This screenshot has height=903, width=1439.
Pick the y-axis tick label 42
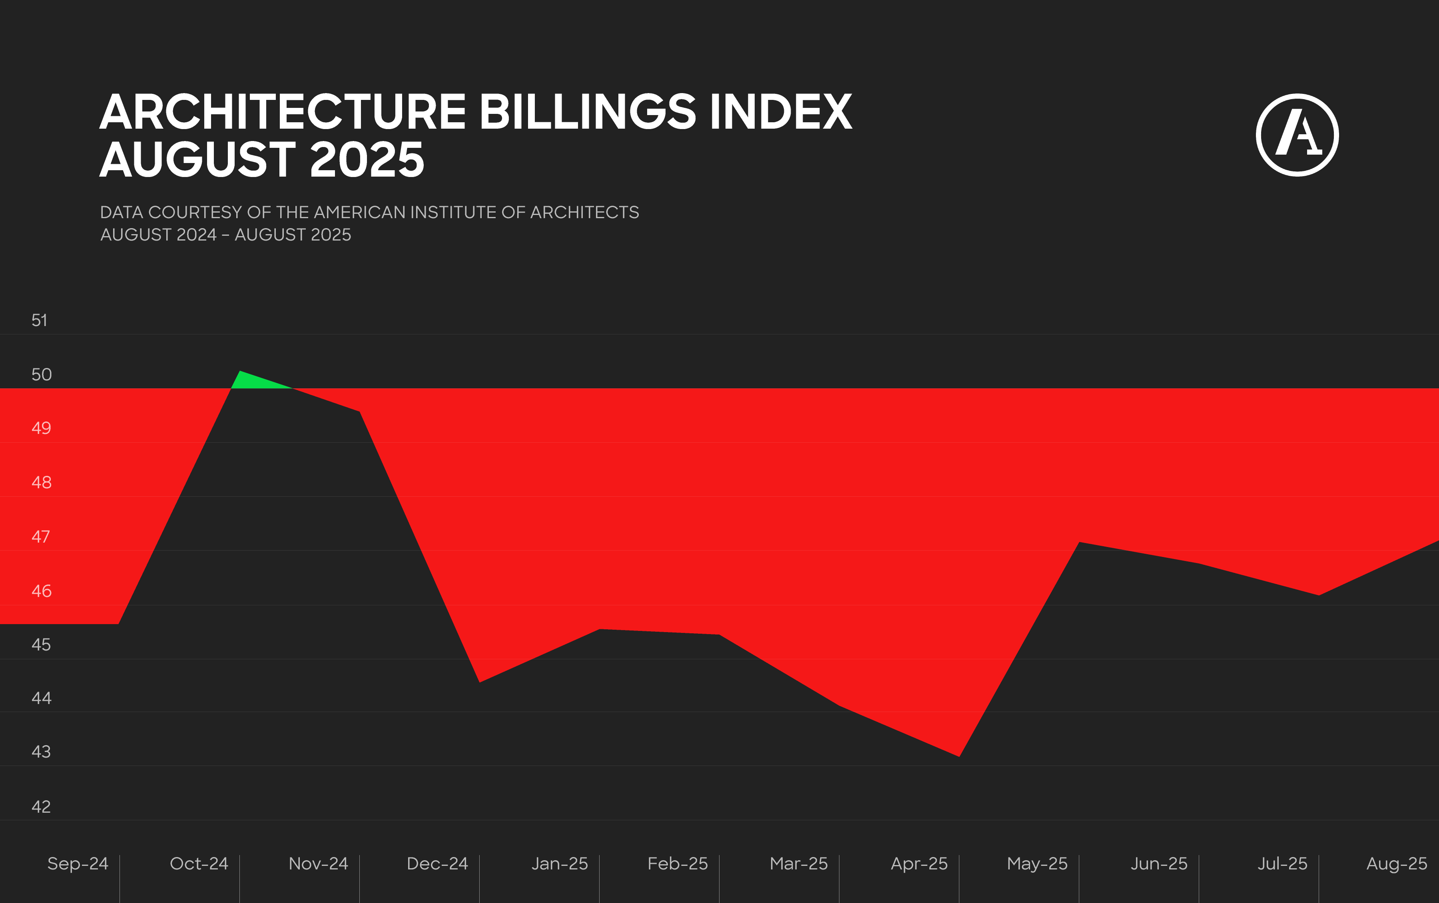(x=41, y=806)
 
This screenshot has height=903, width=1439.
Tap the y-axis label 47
(x=41, y=536)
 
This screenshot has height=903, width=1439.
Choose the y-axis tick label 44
(x=41, y=698)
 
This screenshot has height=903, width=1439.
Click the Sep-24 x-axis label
(x=78, y=863)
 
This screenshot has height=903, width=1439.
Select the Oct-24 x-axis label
(x=199, y=863)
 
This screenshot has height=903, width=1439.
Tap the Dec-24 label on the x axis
(x=437, y=863)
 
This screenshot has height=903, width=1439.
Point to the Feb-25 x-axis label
(x=678, y=863)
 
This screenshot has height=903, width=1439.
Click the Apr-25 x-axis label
(x=919, y=863)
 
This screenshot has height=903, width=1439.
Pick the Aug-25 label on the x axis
(x=1397, y=863)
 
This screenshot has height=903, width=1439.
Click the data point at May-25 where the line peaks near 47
(x=1079, y=543)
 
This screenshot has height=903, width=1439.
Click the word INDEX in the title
(x=781, y=112)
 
